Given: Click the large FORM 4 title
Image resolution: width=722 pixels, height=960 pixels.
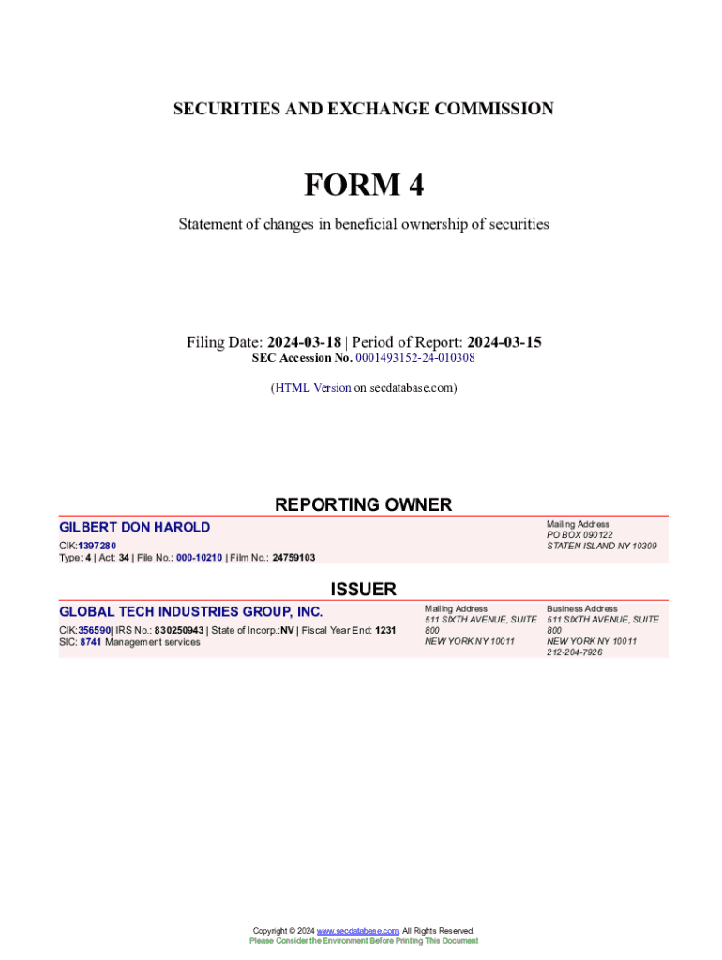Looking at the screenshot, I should coord(363,186).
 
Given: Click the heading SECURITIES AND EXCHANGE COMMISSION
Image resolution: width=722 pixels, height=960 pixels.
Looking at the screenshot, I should coord(363,109).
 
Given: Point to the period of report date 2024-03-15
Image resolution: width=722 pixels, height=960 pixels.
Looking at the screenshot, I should coord(504,342).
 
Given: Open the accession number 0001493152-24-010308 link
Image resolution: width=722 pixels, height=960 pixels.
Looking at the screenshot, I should coord(414,358).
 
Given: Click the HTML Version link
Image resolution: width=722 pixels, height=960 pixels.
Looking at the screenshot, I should coord(312,387).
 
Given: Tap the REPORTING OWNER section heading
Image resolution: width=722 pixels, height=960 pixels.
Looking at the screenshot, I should coord(363,504).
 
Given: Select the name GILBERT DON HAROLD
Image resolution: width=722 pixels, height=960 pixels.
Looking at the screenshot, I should coord(135,528).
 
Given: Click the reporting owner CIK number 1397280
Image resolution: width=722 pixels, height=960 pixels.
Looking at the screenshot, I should coord(98,546).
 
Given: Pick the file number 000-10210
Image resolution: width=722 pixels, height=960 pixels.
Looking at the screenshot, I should coord(199,558).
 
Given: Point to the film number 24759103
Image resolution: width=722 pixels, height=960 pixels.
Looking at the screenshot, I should coord(293,558).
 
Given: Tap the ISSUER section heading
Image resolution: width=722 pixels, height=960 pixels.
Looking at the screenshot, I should coord(363,589).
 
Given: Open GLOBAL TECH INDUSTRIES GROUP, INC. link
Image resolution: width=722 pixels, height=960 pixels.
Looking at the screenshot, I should coord(191,612).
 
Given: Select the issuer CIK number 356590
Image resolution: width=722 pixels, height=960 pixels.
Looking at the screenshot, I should coord(95,630).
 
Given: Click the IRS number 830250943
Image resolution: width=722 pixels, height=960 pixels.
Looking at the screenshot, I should coord(179,630).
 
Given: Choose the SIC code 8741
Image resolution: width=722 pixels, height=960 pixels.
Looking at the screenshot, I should coord(91,642).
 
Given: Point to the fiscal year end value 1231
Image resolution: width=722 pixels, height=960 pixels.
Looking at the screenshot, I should coord(385,630).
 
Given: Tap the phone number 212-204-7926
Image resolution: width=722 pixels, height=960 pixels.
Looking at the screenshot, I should coord(575,652).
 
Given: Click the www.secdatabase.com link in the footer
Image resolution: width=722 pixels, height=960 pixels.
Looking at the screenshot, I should coord(358,931).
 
